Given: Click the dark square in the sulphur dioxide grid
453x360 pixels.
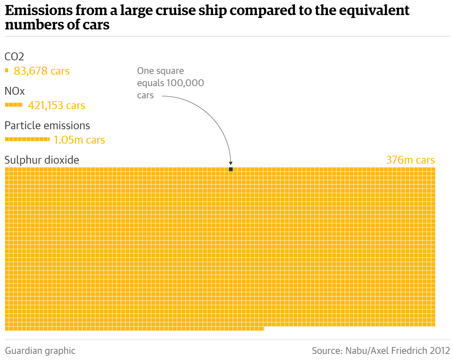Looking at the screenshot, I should click(x=231, y=169).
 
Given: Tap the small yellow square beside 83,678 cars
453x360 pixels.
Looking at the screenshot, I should click(x=6, y=70).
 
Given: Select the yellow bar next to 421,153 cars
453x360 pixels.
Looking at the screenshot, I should click(x=14, y=105).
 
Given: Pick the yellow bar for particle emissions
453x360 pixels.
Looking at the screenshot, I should click(x=27, y=139).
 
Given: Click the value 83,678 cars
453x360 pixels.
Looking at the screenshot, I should click(x=42, y=71).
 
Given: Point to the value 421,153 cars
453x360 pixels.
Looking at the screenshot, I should click(x=56, y=106).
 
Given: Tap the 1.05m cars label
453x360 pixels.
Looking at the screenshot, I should click(x=79, y=140).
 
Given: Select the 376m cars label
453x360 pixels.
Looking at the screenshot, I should click(x=410, y=160).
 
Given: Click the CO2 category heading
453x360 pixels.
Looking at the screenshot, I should click(x=14, y=57).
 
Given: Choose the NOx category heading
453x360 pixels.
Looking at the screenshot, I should click(x=15, y=91).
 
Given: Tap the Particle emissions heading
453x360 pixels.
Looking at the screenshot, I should click(x=47, y=126).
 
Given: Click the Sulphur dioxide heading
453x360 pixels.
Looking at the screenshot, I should click(x=42, y=160).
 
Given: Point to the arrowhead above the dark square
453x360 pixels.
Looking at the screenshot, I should click(x=231, y=163).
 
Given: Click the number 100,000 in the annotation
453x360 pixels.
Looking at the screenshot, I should click(x=185, y=83).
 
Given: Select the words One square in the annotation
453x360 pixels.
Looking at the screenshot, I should click(x=160, y=71).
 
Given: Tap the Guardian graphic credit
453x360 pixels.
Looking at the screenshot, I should click(x=40, y=351).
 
